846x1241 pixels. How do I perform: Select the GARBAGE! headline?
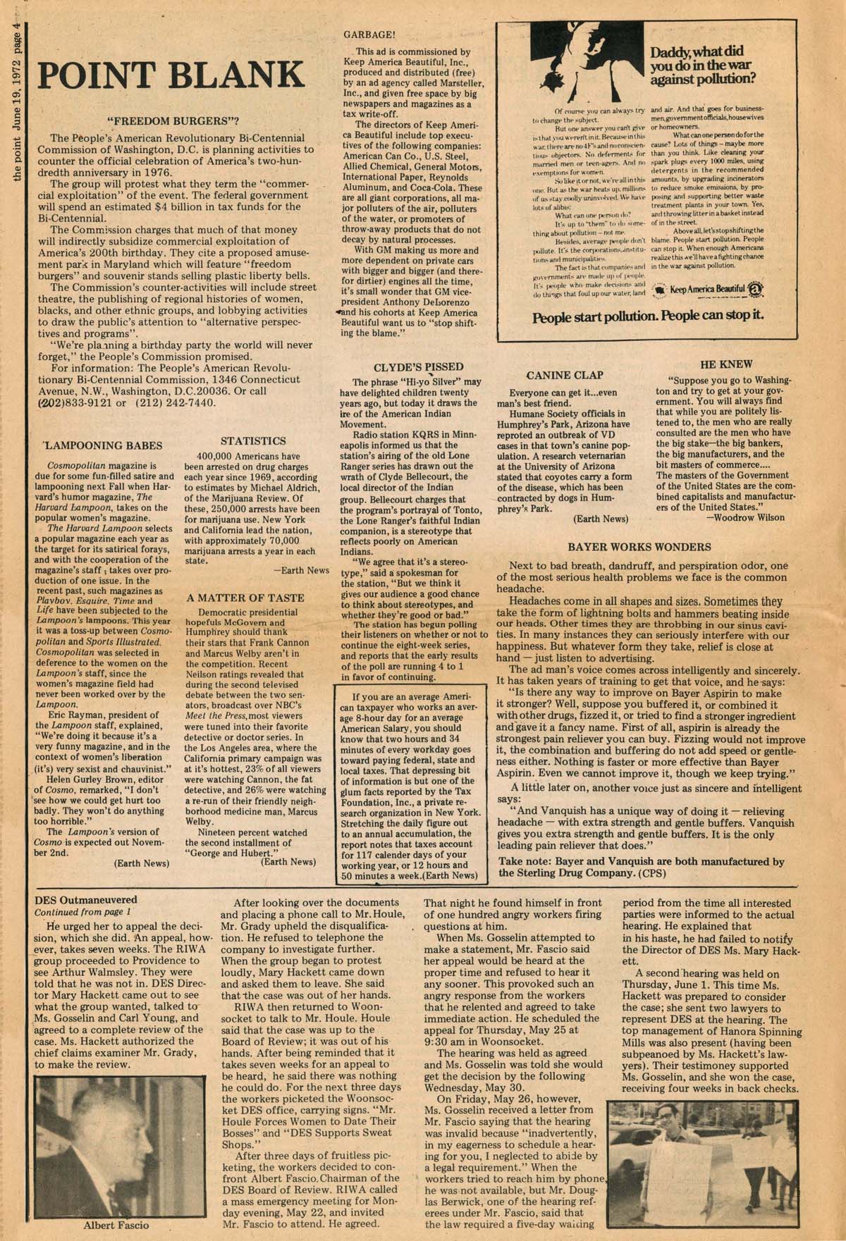(369, 34)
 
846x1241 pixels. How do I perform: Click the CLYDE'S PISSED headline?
(418, 366)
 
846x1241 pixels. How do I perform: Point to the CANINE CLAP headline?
(565, 375)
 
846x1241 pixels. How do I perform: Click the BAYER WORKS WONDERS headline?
(639, 547)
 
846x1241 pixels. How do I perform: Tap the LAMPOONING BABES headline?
(103, 445)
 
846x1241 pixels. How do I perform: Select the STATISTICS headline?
(253, 440)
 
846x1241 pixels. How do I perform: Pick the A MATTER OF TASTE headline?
(245, 598)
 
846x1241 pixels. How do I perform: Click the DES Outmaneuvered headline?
(86, 900)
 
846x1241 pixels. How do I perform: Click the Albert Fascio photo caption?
(116, 1225)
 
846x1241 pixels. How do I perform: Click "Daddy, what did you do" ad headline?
(706, 67)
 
